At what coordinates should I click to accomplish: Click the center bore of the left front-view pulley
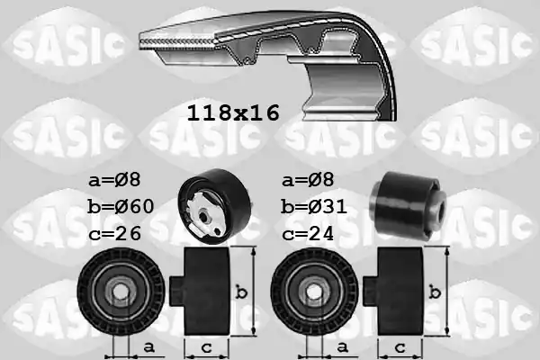(121, 291)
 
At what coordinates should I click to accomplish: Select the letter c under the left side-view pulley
(207, 346)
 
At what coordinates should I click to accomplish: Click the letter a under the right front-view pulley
(343, 346)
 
